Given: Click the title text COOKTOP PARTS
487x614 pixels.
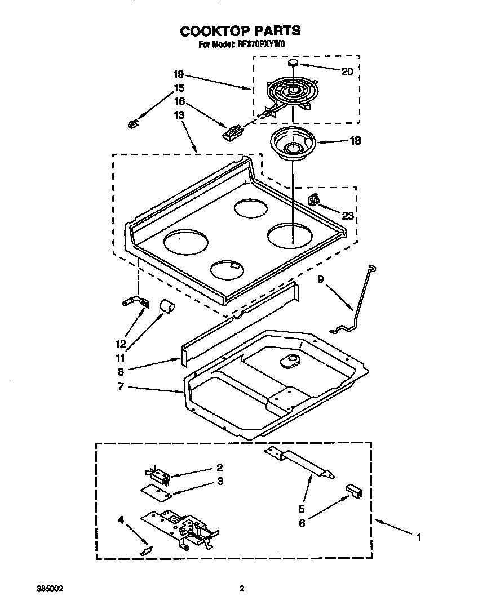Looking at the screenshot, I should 240,30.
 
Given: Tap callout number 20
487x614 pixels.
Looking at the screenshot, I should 347,72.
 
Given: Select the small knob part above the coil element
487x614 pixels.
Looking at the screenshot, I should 293,63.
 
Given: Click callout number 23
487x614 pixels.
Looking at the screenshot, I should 347,215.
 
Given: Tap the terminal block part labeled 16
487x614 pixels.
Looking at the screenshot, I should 232,134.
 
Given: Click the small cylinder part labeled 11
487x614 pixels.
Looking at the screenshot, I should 167,306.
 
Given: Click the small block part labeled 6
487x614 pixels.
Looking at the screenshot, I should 354,490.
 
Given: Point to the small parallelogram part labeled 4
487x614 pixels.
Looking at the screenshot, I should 147,549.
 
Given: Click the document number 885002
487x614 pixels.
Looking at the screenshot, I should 50,589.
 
